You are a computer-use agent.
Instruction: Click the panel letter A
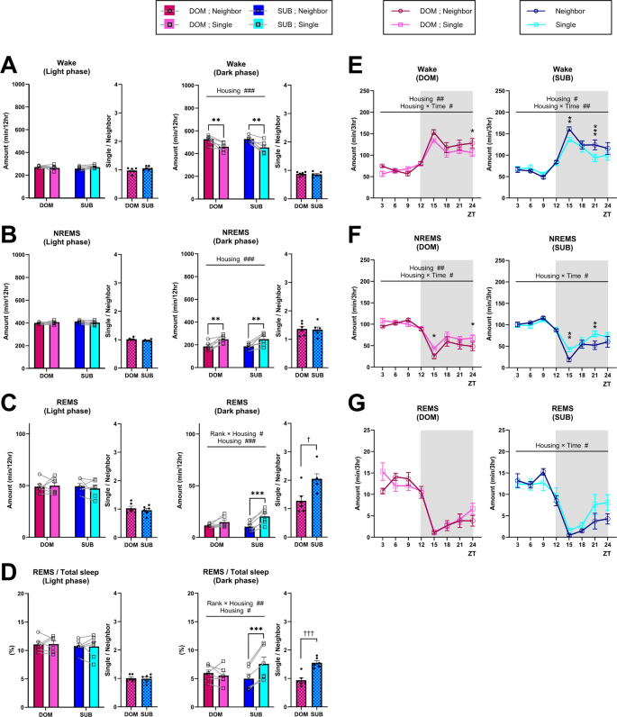(x=11, y=65)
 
